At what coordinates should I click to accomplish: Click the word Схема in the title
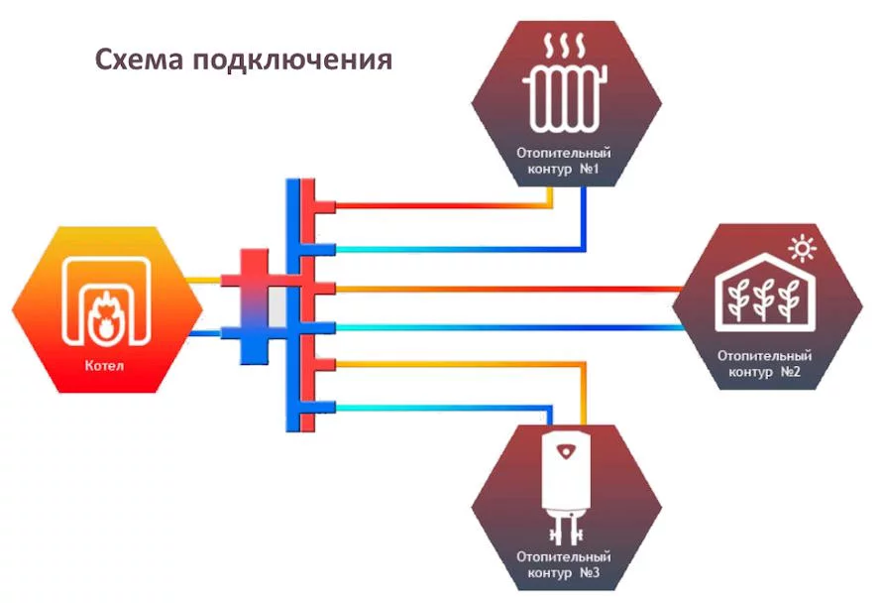pyautogui.click(x=139, y=60)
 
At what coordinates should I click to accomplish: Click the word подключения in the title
pyautogui.click(x=292, y=60)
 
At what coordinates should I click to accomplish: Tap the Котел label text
pyautogui.click(x=104, y=365)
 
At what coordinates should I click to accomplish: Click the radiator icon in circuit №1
pyautogui.click(x=565, y=97)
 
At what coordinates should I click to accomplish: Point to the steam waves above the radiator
pyautogui.click(x=565, y=46)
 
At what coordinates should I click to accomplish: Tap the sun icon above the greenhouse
pyautogui.click(x=802, y=248)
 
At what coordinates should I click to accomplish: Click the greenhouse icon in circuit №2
pyautogui.click(x=764, y=293)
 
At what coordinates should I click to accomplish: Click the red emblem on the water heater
pyautogui.click(x=565, y=451)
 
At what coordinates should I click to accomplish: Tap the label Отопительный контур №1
pyautogui.click(x=564, y=161)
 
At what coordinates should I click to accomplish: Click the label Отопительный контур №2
pyautogui.click(x=764, y=364)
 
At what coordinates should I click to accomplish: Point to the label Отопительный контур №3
pyautogui.click(x=564, y=564)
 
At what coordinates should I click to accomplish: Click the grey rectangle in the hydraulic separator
pyautogui.click(x=276, y=306)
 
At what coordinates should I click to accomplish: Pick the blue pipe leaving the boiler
pyautogui.click(x=204, y=333)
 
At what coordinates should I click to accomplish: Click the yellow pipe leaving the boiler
pyautogui.click(x=203, y=280)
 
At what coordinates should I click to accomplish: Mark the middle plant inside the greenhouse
pyautogui.click(x=763, y=301)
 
